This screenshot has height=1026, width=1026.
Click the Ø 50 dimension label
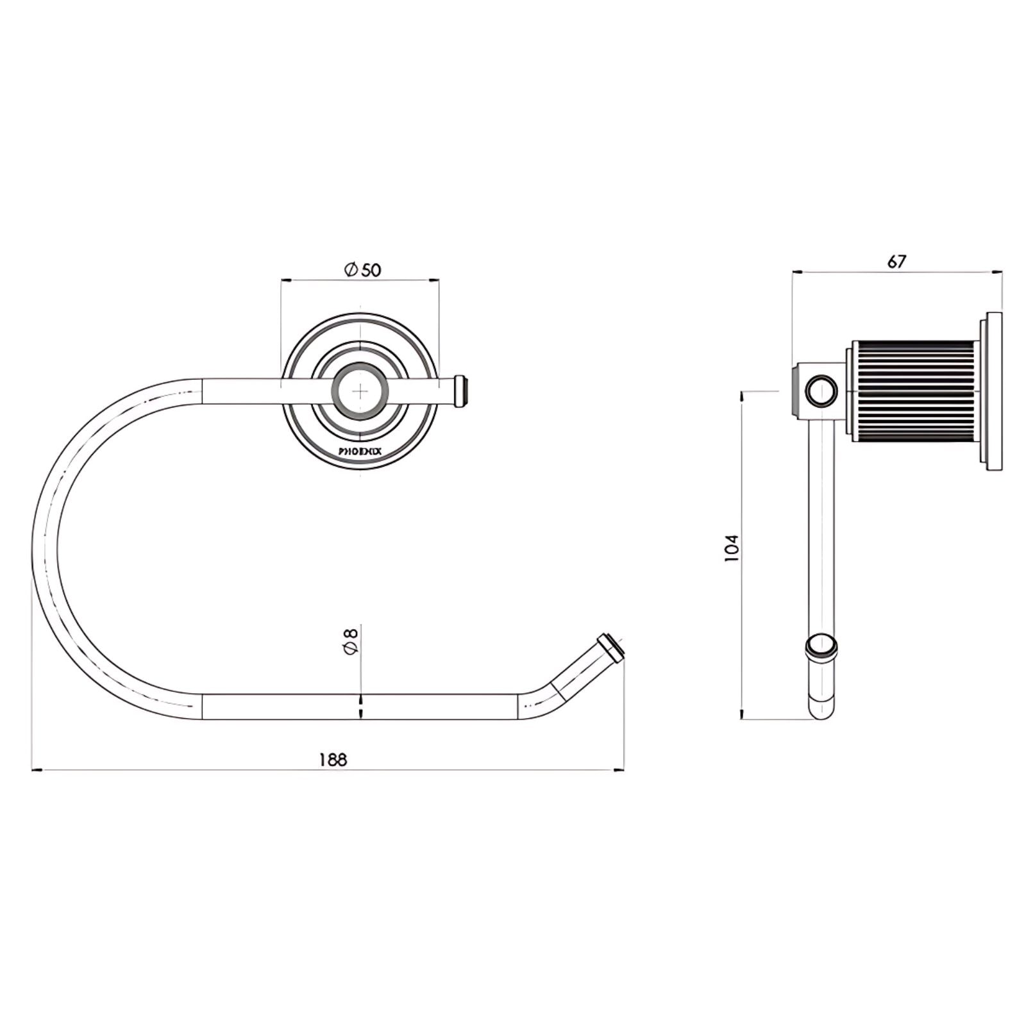tap(362, 270)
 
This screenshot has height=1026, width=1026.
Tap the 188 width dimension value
tap(333, 760)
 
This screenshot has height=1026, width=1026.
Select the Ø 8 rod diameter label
tap(351, 641)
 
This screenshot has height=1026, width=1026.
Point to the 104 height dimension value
tap(732, 548)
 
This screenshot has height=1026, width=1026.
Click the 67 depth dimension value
tap(896, 262)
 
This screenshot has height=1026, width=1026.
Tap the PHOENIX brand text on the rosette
tap(360, 451)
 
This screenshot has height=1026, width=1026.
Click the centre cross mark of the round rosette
tap(361, 390)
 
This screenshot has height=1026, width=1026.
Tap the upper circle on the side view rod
tap(821, 391)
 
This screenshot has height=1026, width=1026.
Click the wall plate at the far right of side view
tap(993, 392)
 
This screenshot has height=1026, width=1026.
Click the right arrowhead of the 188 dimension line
tap(620, 769)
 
